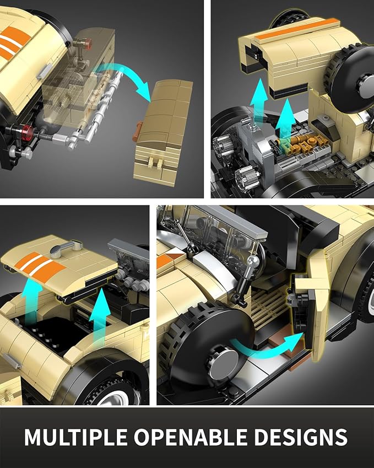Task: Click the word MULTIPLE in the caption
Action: point(75,437)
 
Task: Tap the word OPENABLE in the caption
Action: point(190,437)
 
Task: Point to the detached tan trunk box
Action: point(162,133)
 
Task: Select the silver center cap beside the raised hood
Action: point(366,80)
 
